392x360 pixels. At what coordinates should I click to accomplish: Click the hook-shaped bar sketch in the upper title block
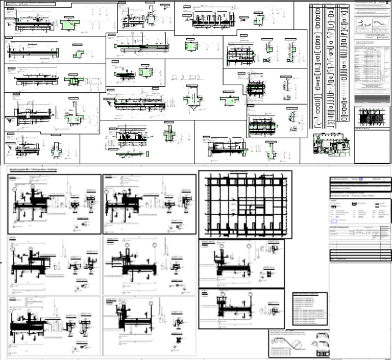click(x=363, y=23)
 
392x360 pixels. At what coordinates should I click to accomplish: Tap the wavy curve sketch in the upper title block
click(x=380, y=23)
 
